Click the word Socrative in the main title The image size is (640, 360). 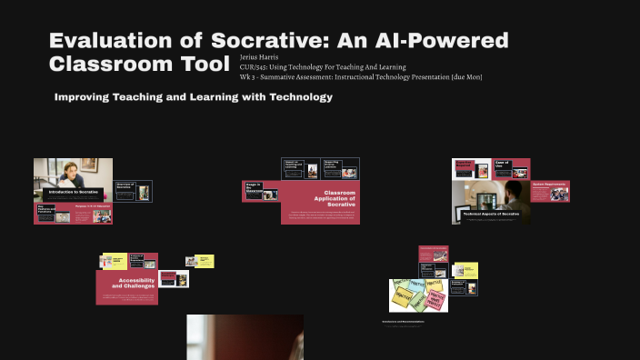point(263,41)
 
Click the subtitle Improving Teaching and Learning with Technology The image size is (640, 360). point(194,96)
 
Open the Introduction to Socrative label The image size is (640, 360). point(73,193)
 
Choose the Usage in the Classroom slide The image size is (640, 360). point(254,189)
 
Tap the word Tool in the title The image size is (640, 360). point(202,64)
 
